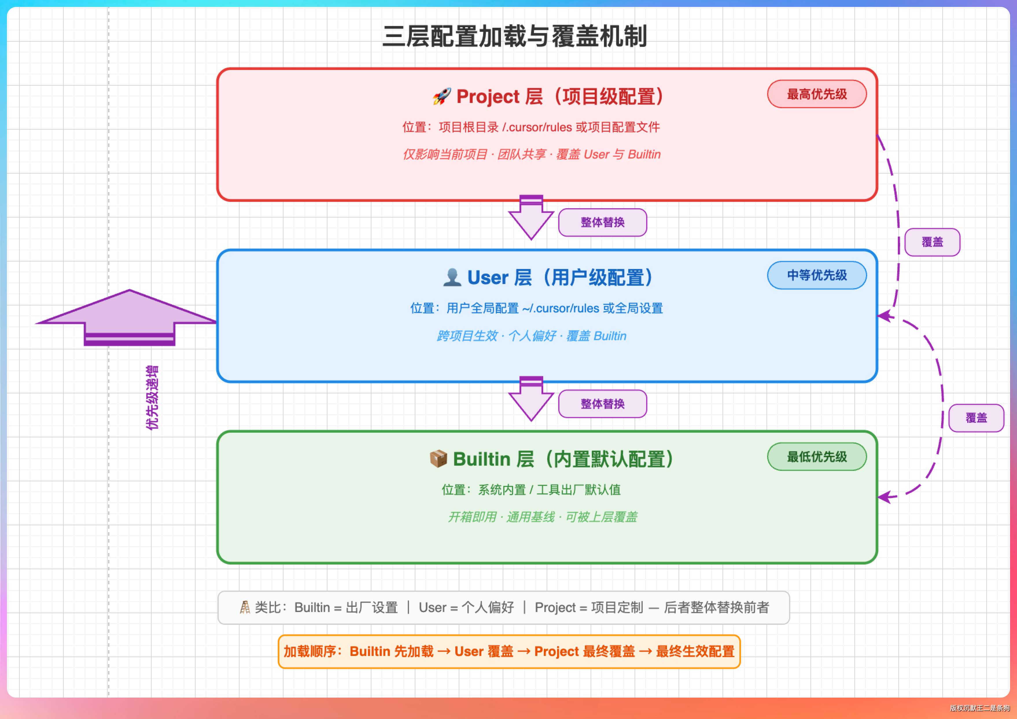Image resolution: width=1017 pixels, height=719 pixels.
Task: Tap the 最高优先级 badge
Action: pos(817,94)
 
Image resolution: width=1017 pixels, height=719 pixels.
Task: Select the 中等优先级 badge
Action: pos(817,275)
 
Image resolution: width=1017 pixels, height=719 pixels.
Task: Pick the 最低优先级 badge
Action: pos(817,456)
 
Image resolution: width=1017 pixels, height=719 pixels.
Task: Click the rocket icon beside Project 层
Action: pos(442,96)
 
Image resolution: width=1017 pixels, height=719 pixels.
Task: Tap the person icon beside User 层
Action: pos(452,277)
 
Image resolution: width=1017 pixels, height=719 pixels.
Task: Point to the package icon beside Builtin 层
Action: pos(438,458)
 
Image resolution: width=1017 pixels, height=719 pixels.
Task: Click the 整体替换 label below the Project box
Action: pos(603,222)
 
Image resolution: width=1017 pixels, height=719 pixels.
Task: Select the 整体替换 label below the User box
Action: pos(603,403)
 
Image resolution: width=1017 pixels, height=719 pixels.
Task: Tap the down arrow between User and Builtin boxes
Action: pos(531,399)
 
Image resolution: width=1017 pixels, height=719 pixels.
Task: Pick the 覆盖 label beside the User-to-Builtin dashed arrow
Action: pos(976,418)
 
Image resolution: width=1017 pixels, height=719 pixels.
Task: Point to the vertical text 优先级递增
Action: pos(152,397)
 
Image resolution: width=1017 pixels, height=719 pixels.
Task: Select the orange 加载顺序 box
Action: pos(509,651)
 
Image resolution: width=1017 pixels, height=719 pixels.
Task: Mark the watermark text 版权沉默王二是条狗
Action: pos(979,708)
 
